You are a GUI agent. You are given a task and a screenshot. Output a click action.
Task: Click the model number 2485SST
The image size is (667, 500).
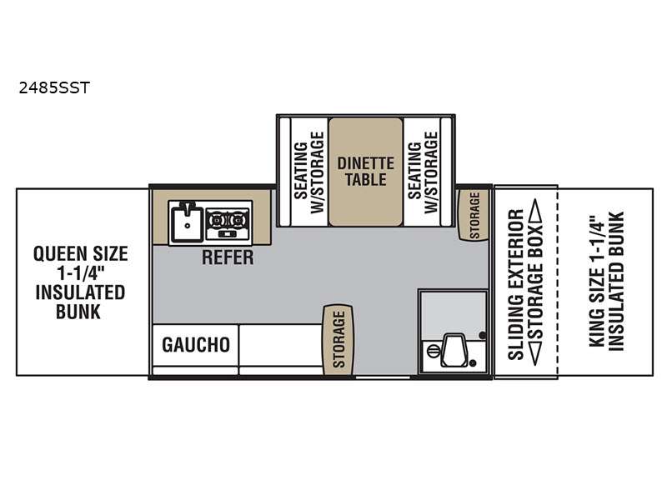point(54,87)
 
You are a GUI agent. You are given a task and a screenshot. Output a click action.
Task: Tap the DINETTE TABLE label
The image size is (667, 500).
point(366,172)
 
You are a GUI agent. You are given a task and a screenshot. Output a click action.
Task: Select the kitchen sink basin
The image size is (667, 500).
point(186,222)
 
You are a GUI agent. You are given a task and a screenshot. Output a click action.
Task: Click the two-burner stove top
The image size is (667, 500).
point(228,223)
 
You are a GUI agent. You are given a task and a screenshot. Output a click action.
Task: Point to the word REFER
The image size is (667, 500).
point(228,257)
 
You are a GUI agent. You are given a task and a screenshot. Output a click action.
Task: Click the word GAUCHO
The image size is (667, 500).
point(196,344)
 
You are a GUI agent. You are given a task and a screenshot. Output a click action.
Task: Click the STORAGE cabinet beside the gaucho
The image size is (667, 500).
point(339,340)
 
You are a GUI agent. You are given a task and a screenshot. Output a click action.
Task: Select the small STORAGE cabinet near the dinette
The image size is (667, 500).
point(474,215)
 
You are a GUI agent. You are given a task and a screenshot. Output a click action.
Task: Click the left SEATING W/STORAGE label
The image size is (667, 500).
point(309,172)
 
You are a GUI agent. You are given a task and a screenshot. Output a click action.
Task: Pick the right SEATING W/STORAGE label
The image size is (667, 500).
point(423,172)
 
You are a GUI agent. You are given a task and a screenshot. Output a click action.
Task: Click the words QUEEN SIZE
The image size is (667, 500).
point(80,254)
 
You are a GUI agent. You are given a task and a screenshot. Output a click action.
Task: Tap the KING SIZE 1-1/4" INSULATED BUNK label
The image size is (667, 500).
point(606,282)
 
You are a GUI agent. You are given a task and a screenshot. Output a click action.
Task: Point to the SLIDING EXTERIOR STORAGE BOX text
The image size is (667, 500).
point(525,282)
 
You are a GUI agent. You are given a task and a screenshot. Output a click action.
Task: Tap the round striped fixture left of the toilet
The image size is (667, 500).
point(433,352)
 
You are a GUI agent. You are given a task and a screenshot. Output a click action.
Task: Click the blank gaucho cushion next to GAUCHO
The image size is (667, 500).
point(281,344)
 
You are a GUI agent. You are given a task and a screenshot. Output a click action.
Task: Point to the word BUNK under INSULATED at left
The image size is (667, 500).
point(78,312)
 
